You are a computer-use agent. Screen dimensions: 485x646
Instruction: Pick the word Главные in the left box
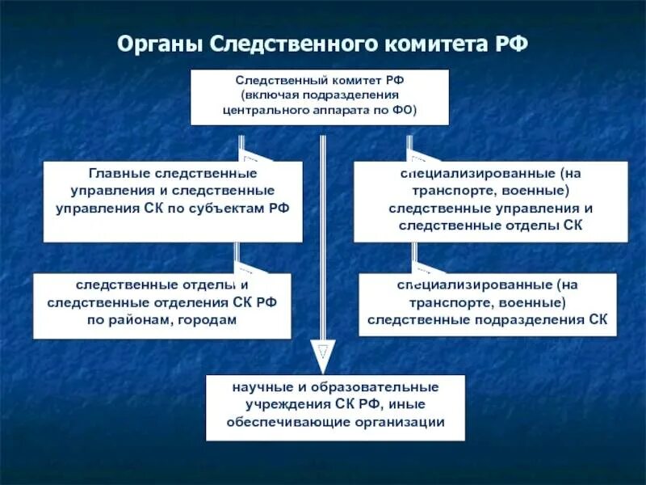[116, 173]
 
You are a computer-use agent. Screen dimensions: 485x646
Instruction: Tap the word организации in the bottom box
[401, 421]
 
